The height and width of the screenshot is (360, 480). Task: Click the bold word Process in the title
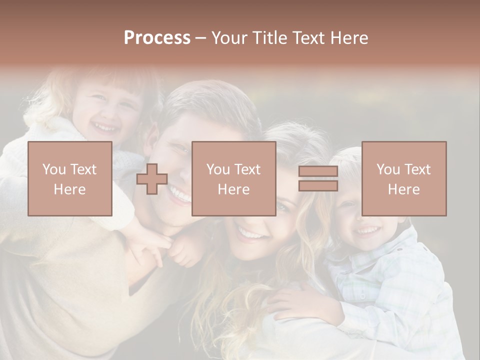pos(157,38)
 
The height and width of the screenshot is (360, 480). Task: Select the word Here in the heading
pos(348,38)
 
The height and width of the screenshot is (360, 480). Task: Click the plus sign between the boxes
pos(152,178)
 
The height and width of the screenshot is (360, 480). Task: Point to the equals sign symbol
pos(318,178)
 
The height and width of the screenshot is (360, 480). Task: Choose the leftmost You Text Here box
pos(69,178)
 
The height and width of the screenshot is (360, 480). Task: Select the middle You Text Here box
pos(233,178)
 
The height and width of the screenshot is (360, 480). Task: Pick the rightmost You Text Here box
pos(403,178)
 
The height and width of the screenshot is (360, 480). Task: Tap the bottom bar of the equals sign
pos(318,185)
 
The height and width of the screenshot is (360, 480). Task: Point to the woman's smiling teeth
pos(251,233)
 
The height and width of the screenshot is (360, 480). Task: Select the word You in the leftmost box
pos(54,169)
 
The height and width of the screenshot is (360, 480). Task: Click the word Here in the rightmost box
pos(403,189)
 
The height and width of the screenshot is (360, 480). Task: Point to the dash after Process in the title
pos(200,38)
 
